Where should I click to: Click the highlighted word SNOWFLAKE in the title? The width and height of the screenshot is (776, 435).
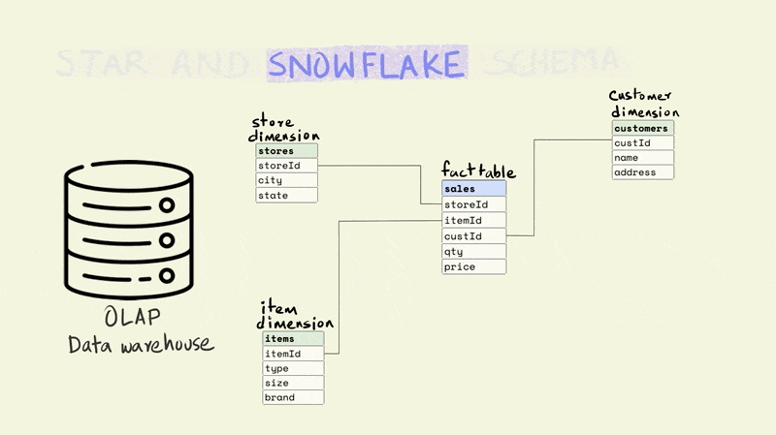(x=367, y=64)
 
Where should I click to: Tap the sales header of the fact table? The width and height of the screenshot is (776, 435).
(x=473, y=189)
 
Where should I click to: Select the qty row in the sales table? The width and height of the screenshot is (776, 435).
(x=473, y=251)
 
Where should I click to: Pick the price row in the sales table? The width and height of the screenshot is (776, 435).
(x=473, y=266)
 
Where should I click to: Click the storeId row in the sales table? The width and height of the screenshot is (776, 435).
(x=473, y=204)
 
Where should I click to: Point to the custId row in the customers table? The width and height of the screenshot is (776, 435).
(x=642, y=143)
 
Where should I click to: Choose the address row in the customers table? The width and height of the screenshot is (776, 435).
(x=642, y=172)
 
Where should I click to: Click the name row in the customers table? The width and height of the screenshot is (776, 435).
(x=642, y=158)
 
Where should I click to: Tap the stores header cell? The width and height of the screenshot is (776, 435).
(x=286, y=151)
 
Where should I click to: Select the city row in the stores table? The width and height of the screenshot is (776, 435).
(x=286, y=180)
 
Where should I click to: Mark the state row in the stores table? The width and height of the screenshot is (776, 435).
(x=286, y=196)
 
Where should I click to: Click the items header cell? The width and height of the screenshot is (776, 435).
(x=293, y=339)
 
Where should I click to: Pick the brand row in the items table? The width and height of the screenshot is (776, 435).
(x=293, y=397)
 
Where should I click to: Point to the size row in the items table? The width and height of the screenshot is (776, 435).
(x=293, y=383)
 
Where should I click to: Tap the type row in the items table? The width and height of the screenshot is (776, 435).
(x=293, y=368)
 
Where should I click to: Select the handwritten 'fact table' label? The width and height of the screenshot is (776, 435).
(x=477, y=171)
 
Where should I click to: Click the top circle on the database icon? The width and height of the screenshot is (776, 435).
(x=167, y=205)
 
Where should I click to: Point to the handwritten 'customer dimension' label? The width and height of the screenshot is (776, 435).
(x=643, y=104)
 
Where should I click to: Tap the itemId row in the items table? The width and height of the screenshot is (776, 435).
(x=293, y=354)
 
